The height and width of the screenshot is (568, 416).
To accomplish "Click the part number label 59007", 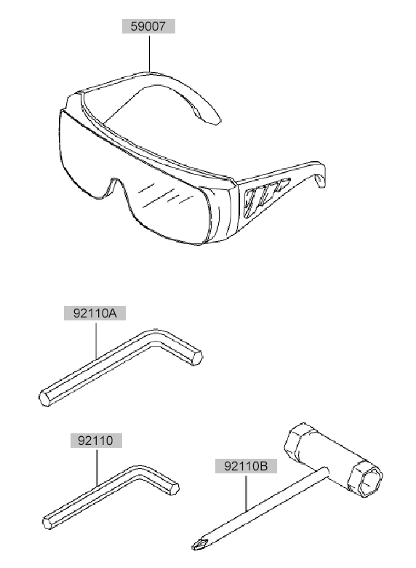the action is [148, 26].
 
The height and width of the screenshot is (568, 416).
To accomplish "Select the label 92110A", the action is [95, 313].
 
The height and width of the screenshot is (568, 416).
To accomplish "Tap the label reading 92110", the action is [96, 441].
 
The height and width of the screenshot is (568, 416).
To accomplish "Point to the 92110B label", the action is [246, 466].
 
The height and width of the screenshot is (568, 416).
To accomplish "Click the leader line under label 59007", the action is [149, 53].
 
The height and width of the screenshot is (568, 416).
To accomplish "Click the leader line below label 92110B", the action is [246, 493].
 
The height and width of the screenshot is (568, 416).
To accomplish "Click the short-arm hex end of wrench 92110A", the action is [196, 358].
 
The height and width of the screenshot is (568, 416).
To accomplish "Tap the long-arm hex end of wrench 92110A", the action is [45, 398].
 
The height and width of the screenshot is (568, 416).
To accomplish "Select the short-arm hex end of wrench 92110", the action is [174, 489].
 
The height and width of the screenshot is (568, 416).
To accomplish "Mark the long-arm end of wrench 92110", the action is [48, 523].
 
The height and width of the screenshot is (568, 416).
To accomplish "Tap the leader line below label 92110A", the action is [96, 340].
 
